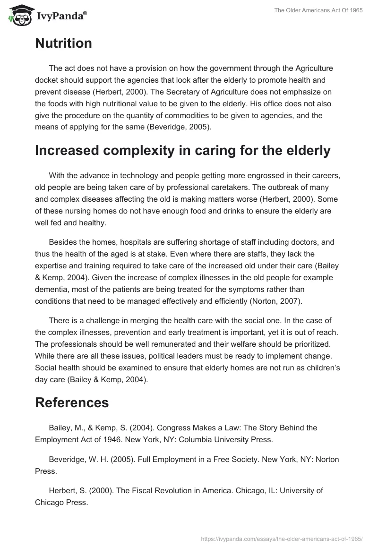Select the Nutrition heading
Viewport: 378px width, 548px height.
click(x=63, y=43)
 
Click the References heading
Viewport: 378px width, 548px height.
click(x=72, y=402)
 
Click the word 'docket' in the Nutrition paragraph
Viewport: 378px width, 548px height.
click(x=46, y=80)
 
